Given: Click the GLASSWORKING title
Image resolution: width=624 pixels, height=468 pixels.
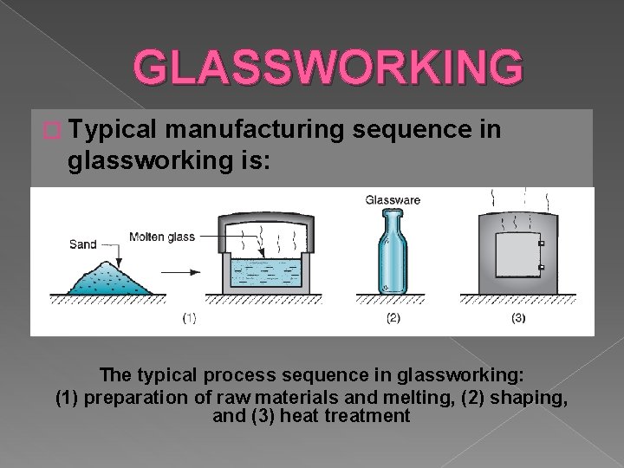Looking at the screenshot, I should tap(328, 69).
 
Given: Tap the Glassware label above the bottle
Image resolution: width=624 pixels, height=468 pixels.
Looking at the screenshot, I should tap(394, 200).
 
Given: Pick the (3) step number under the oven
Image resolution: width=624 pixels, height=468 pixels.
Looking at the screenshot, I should tap(519, 318).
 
